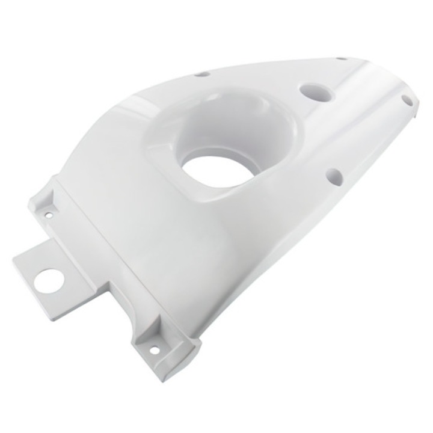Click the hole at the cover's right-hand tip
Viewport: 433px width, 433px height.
coord(407,100)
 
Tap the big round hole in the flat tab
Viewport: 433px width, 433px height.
coord(48,281)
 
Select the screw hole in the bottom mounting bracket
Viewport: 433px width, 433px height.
coord(155,349)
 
